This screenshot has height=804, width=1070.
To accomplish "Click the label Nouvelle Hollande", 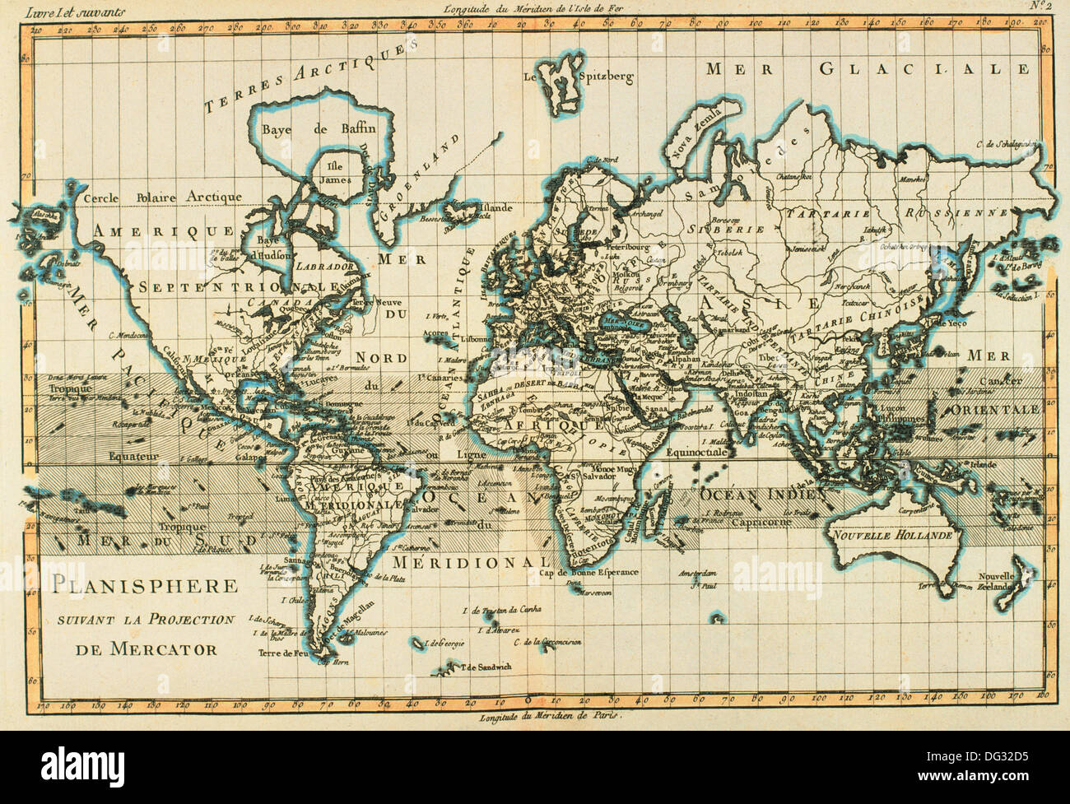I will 893,534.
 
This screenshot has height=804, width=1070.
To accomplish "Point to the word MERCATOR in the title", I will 147,648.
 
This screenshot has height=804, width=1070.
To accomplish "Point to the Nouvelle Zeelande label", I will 1004,581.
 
